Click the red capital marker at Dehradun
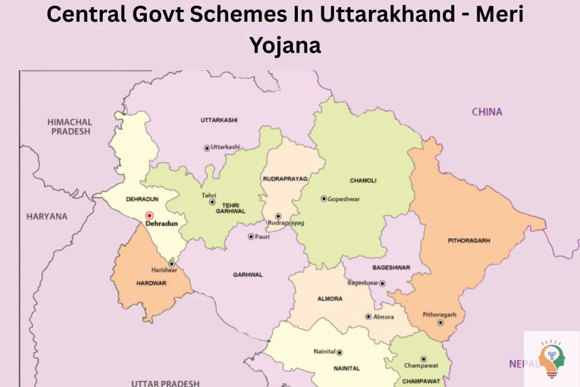[x=149, y=215]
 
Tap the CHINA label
[x=487, y=111]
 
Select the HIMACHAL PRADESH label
[x=69, y=126]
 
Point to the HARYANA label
[x=47, y=216]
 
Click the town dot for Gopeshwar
[x=324, y=198]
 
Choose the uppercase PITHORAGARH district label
[x=469, y=240]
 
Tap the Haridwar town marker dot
[x=172, y=263]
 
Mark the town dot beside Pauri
[x=251, y=236]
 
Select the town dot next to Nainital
[x=340, y=352]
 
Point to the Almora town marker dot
[x=368, y=316]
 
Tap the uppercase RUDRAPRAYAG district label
[x=285, y=179]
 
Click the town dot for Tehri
[x=212, y=202]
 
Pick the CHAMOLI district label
[x=363, y=180]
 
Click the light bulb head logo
[x=552, y=359]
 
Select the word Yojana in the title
[x=285, y=44]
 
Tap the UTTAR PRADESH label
[x=166, y=383]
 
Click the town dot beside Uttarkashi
[x=207, y=148]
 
